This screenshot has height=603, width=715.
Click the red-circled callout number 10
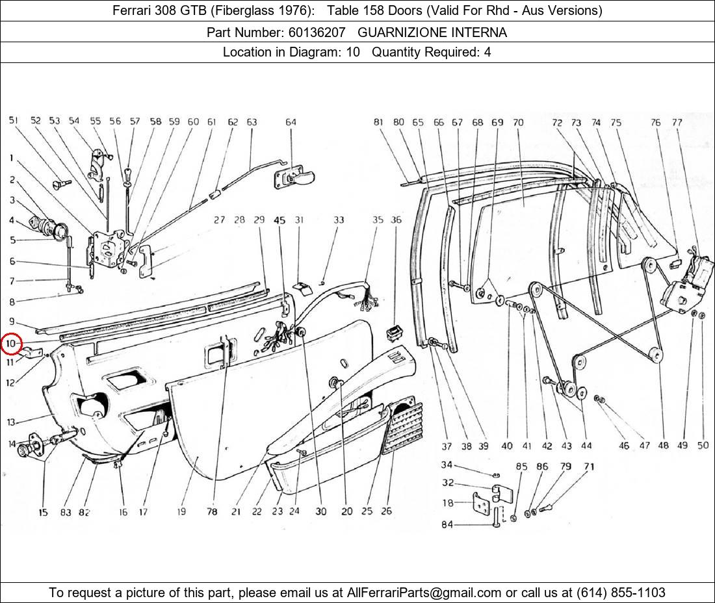pos(11,342)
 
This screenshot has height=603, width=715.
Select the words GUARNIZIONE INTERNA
pos(432,32)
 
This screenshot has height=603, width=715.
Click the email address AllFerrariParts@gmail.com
pos(424,592)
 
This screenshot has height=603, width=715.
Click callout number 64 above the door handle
pos(291,122)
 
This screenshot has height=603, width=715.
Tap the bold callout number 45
pos(279,220)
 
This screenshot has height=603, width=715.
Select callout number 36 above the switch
pos(396,220)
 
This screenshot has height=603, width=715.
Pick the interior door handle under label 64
pos(295,176)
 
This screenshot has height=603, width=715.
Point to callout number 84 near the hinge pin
pos(447,525)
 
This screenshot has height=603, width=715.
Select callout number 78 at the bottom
pos(212,511)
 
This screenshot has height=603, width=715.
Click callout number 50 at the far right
pos(703,445)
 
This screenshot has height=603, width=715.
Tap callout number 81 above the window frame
pos(378,122)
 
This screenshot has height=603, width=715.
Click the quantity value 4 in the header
pos(487,52)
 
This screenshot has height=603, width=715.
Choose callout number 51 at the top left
pos(13,121)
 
